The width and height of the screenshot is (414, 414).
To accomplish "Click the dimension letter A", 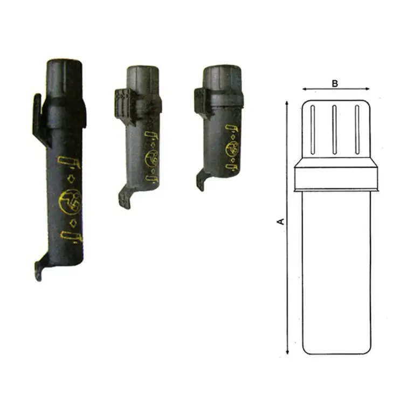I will coord(280,220).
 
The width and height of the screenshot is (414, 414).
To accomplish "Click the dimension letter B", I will coord(335,83).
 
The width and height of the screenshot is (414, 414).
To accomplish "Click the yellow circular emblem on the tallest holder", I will coord(70,200).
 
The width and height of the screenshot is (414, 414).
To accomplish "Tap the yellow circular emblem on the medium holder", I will coord(152,158).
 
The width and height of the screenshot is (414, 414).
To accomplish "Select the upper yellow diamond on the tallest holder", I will coord(71,178).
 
